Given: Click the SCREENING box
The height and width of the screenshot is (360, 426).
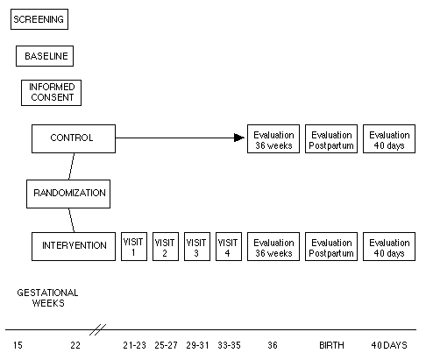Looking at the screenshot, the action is pos(39,19).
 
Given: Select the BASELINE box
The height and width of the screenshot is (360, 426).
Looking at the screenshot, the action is pos(45,56).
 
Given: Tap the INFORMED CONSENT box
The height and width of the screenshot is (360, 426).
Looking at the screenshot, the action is pos(51,93).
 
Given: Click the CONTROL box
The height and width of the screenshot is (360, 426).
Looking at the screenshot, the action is pos(74,138).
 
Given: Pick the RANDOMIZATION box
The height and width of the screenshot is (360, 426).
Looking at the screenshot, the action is pos(68,194).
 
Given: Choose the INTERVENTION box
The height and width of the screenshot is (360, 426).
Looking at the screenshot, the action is pos(74,246).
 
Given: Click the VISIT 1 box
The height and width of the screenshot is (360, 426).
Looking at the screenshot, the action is pos(134,246).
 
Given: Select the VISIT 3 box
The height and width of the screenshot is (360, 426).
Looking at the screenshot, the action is pos(197,246).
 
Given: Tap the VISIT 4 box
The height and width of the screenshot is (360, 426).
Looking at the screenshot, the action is pos(229,246).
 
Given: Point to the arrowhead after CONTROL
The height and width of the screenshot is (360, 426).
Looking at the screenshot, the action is pos(239,138).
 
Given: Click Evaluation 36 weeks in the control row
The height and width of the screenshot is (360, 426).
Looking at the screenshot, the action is pos(273,138).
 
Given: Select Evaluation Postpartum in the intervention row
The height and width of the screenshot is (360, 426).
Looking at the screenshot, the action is pos(331,246).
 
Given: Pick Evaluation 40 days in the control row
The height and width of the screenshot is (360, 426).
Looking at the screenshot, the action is pos(389,138).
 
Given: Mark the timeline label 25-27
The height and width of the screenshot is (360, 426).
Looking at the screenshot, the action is pos(166,345).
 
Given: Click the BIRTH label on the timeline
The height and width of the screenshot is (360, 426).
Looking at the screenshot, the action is pos(331,345).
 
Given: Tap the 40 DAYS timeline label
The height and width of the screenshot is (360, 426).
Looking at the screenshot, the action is pos(389,345).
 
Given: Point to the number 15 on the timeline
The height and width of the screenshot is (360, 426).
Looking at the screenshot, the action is pos(18,345).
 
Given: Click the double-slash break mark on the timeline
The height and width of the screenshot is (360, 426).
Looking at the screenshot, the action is pos(97,329).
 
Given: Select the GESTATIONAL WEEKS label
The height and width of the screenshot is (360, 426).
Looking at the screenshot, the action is pos(47,298).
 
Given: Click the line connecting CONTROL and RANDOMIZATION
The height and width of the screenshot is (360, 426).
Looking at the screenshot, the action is pos(71,166).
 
